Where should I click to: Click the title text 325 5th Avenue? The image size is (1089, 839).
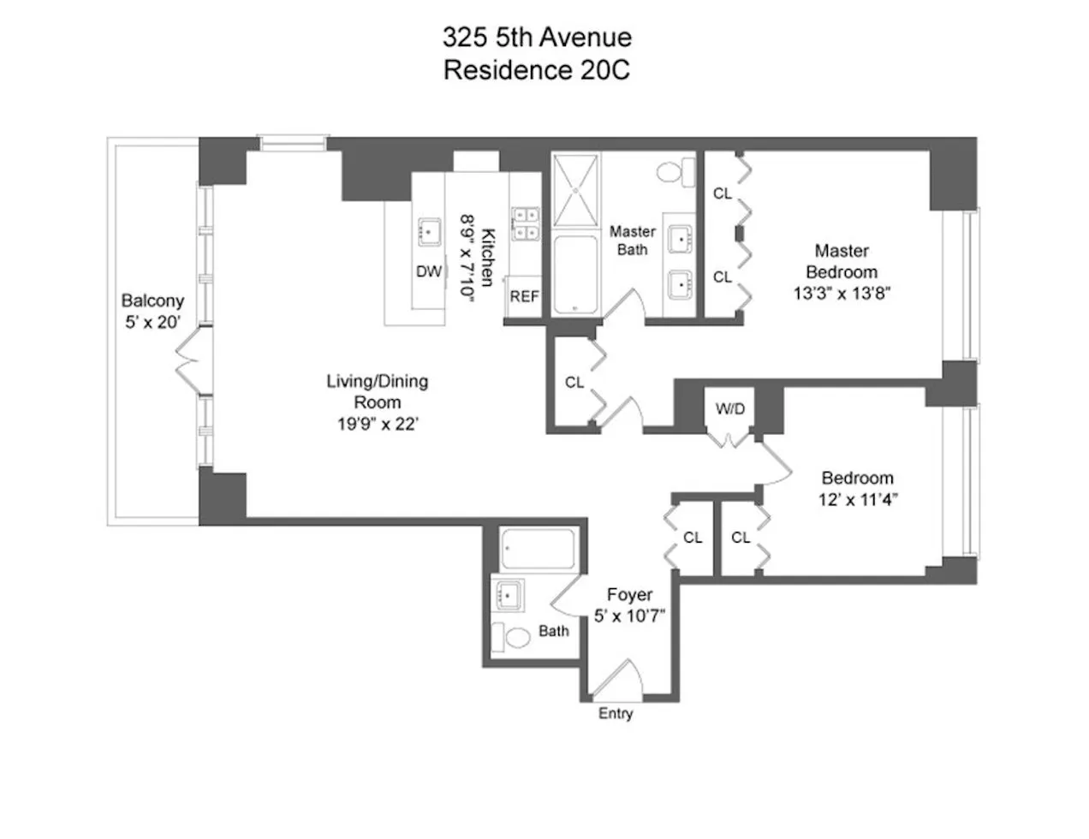(537, 37)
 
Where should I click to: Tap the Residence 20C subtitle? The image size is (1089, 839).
(537, 69)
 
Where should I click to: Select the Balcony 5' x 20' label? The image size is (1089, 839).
(152, 312)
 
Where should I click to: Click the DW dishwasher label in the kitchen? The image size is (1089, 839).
(428, 271)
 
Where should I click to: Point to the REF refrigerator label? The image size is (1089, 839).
(524, 296)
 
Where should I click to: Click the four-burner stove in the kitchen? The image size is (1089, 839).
(524, 222)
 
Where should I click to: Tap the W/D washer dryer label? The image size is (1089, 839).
(729, 408)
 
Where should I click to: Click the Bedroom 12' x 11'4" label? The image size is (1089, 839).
(857, 489)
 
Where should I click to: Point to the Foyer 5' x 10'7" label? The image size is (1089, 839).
(629, 604)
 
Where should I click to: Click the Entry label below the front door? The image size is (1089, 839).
(616, 713)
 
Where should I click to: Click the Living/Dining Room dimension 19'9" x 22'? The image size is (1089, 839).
(377, 423)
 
